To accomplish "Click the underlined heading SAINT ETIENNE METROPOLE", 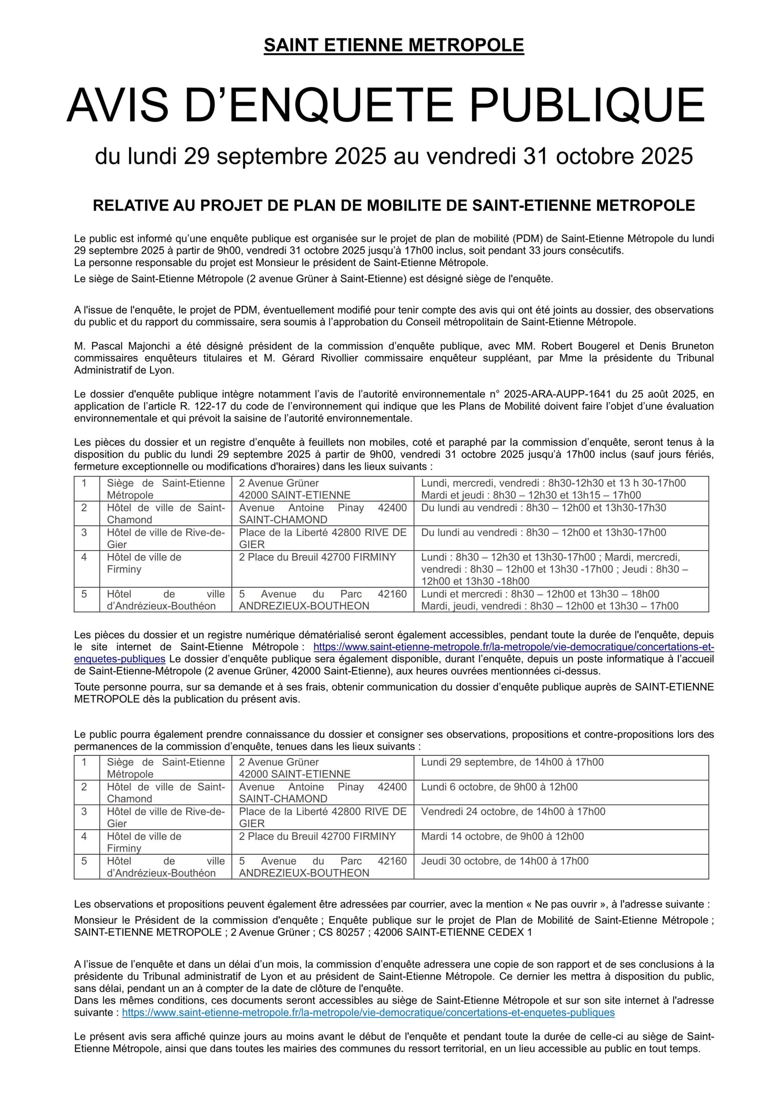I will pos(393,46).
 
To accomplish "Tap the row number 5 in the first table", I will pos(84,594).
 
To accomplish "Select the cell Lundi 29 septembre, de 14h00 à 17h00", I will pos(512,762).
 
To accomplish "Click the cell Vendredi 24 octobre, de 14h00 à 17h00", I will pos(513,812).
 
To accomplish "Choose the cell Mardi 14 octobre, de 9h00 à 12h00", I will pos(502,837).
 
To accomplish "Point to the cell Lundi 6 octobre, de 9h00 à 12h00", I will pos(499,787).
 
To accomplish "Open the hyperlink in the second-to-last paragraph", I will pos(368,1012).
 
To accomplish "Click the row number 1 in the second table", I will pos(84,762).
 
